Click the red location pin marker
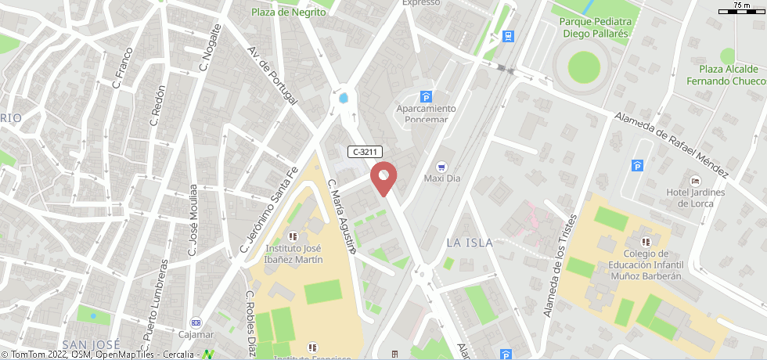(383, 177)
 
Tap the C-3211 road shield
(365, 152)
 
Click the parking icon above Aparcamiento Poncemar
(426, 97)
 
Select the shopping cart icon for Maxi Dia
(441, 166)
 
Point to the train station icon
(509, 35)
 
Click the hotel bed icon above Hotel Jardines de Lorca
(695, 181)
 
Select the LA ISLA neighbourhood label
(470, 243)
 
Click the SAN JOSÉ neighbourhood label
(91, 344)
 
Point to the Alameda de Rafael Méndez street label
(672, 144)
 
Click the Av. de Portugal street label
(272, 75)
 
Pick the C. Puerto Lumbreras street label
(154, 305)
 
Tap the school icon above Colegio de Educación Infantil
(646, 241)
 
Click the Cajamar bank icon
(196, 323)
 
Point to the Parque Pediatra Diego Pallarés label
(595, 27)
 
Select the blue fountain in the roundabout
(344, 98)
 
